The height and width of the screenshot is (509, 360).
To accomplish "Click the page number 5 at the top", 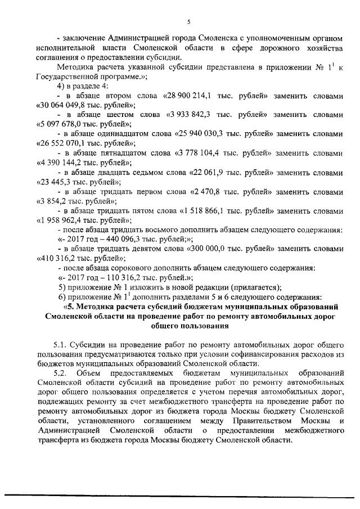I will (x=189, y=21).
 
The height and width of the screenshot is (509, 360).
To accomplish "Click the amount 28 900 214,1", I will (x=187, y=96).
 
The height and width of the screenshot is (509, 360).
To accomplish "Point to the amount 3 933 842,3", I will (x=191, y=115).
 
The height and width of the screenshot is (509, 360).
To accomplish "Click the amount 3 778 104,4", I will (x=210, y=153).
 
